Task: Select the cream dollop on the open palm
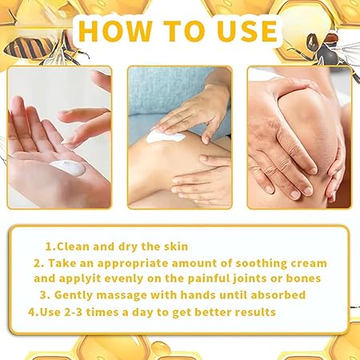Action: (x=66, y=169)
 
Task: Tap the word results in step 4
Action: (x=250, y=311)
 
